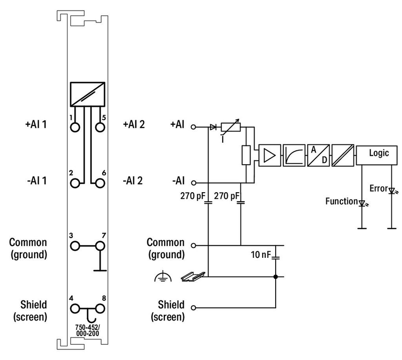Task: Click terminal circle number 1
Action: point(75,127)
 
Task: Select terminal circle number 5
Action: point(100,127)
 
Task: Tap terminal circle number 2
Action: point(75,183)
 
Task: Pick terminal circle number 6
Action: point(100,183)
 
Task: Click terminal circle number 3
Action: point(75,246)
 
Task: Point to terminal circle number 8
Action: point(100,308)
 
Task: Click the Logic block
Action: point(377,155)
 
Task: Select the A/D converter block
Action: point(318,155)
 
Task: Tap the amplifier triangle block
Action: point(270,155)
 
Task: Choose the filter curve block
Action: point(294,155)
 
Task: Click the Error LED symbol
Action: point(393,191)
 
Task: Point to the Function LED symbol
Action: point(363,203)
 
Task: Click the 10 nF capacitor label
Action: point(261,255)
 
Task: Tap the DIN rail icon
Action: point(193,277)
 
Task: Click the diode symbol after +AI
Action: point(213,127)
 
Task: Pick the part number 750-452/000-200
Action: point(87,330)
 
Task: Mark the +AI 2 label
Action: point(134,124)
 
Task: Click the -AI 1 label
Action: point(37,180)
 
